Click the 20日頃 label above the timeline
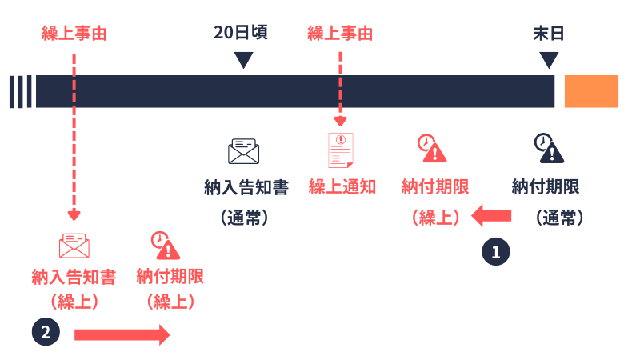coord(240,34)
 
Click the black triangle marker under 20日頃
coord(243,60)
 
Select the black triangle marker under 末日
coord(549,60)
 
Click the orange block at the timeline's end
coord(591,91)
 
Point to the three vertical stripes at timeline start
coord(20,91)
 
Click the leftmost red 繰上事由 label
coord(74,34)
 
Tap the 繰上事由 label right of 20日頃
coord(340,34)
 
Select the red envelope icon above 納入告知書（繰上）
coord(74,245)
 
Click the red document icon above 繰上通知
coord(341,150)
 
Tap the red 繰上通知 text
coord(342,187)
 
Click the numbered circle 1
coord(495,251)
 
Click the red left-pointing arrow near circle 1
coord(491,214)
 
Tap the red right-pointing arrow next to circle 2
coord(122,334)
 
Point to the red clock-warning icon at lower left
coord(166,246)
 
